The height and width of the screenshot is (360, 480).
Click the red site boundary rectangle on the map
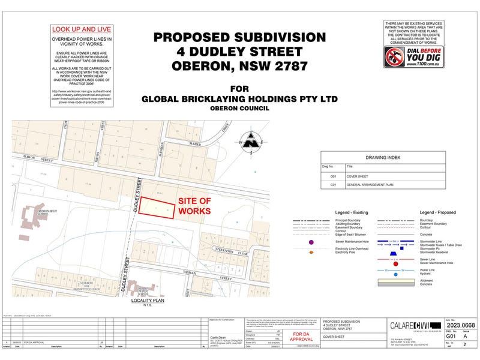pyautogui.click(x=158, y=208)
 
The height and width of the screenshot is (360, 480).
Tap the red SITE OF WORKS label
pyautogui.click(x=196, y=208)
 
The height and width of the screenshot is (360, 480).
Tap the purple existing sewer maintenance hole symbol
pyautogui.click(x=311, y=242)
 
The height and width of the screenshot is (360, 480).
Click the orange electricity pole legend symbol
pyautogui.click(x=311, y=253)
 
